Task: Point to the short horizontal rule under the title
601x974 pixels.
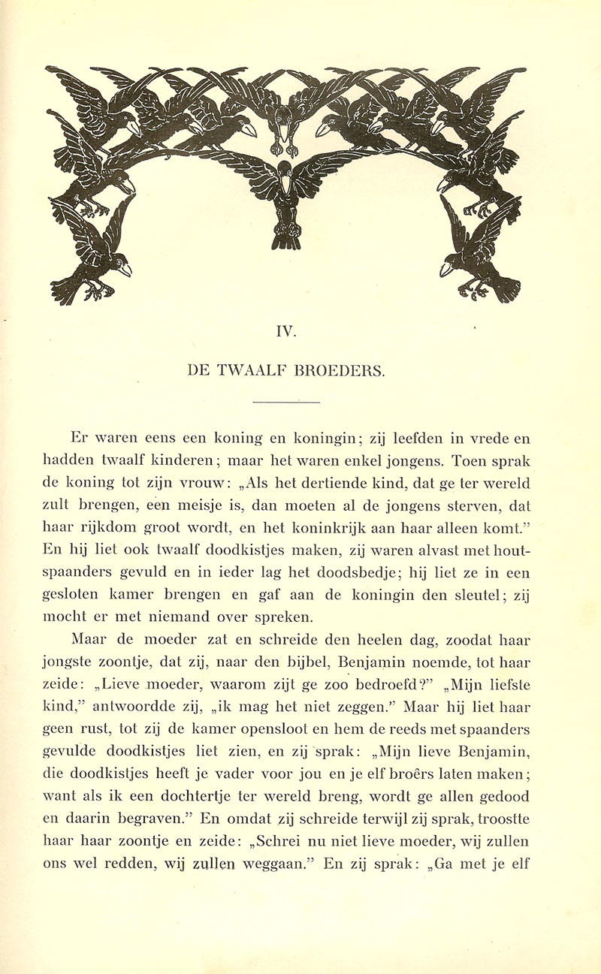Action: [286, 403]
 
